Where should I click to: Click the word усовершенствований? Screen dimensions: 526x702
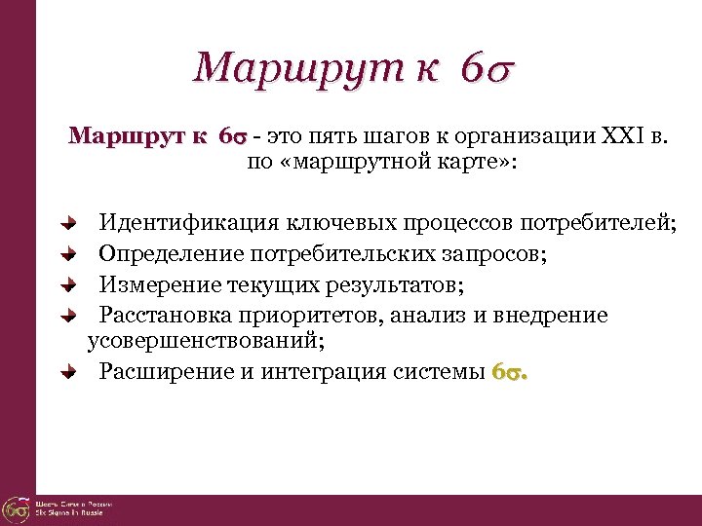(206, 342)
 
